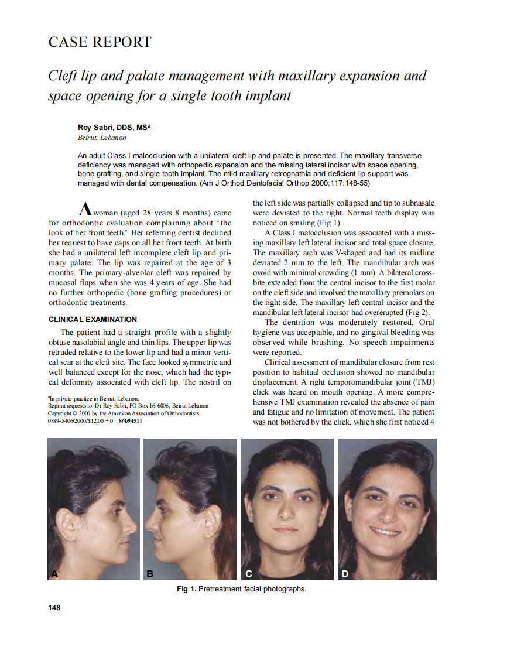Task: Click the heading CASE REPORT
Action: point(100,42)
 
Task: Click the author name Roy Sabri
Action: point(97,127)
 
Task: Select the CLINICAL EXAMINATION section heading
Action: point(93,320)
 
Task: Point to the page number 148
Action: point(54,607)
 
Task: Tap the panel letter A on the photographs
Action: point(55,574)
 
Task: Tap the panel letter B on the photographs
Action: point(150,574)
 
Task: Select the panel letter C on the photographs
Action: point(248,574)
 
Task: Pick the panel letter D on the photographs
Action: point(345,574)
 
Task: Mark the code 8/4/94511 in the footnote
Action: point(131,420)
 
